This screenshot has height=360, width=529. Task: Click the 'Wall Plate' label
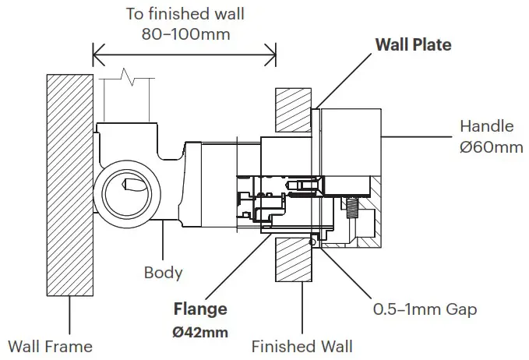[x=413, y=44]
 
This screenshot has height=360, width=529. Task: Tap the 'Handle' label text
[x=486, y=126]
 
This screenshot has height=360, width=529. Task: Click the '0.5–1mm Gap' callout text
[x=425, y=309]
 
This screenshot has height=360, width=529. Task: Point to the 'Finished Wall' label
[x=302, y=346]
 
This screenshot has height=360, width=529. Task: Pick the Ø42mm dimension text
[x=200, y=332]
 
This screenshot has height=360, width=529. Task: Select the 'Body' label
[x=163, y=273]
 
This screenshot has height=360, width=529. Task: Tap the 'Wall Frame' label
[x=50, y=346]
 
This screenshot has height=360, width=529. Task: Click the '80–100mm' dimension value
[x=185, y=34]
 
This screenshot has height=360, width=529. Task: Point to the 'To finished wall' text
[x=185, y=13]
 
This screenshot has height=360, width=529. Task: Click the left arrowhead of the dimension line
[x=97, y=55]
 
